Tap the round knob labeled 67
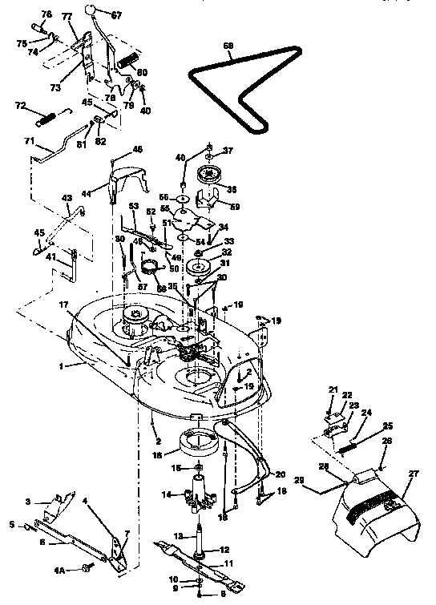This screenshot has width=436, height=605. pos(95,10)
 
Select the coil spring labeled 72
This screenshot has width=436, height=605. pos(46,118)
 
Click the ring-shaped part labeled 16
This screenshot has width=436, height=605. pos(199,441)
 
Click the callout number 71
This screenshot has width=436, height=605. pos(29,141)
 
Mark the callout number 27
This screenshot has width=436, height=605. pos(414,474)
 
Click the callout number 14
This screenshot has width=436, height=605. pos(167,494)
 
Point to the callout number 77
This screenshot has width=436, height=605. pos(67,16)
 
